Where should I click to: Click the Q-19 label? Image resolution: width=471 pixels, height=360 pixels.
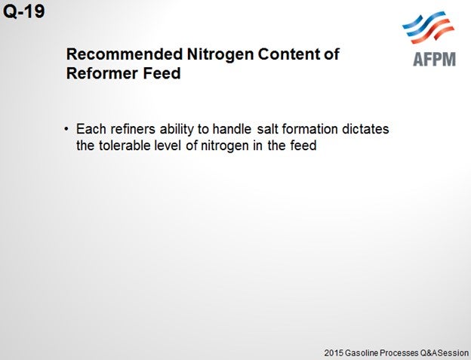tap(23, 11)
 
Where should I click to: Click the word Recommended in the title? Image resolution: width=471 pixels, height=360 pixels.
tap(125, 54)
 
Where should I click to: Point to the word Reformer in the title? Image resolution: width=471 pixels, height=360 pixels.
tap(102, 73)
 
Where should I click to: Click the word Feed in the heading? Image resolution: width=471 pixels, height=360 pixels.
tap(162, 73)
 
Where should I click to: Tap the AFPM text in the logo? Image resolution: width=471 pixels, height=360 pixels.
tap(435, 59)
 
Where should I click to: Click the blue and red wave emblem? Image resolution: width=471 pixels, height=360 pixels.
tap(428, 27)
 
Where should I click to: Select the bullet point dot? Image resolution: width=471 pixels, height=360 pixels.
tap(66, 129)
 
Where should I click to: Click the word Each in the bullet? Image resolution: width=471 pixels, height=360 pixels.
tap(91, 129)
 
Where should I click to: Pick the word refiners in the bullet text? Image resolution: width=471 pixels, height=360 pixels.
tap(133, 129)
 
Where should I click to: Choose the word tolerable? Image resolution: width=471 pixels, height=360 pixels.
tap(125, 146)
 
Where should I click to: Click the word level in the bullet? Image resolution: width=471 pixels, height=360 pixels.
tap(168, 146)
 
